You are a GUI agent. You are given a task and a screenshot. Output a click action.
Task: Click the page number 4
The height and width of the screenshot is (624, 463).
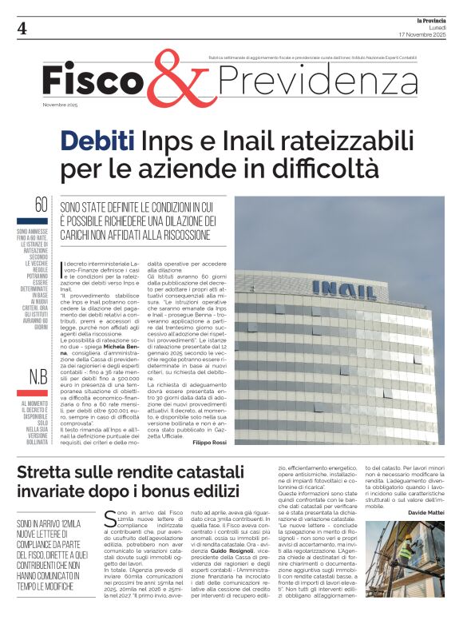(22, 28)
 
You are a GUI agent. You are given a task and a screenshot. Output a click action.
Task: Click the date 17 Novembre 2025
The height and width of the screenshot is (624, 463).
(422, 35)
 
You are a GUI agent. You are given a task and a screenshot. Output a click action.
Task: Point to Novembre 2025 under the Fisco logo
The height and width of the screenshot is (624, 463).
(61, 105)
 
